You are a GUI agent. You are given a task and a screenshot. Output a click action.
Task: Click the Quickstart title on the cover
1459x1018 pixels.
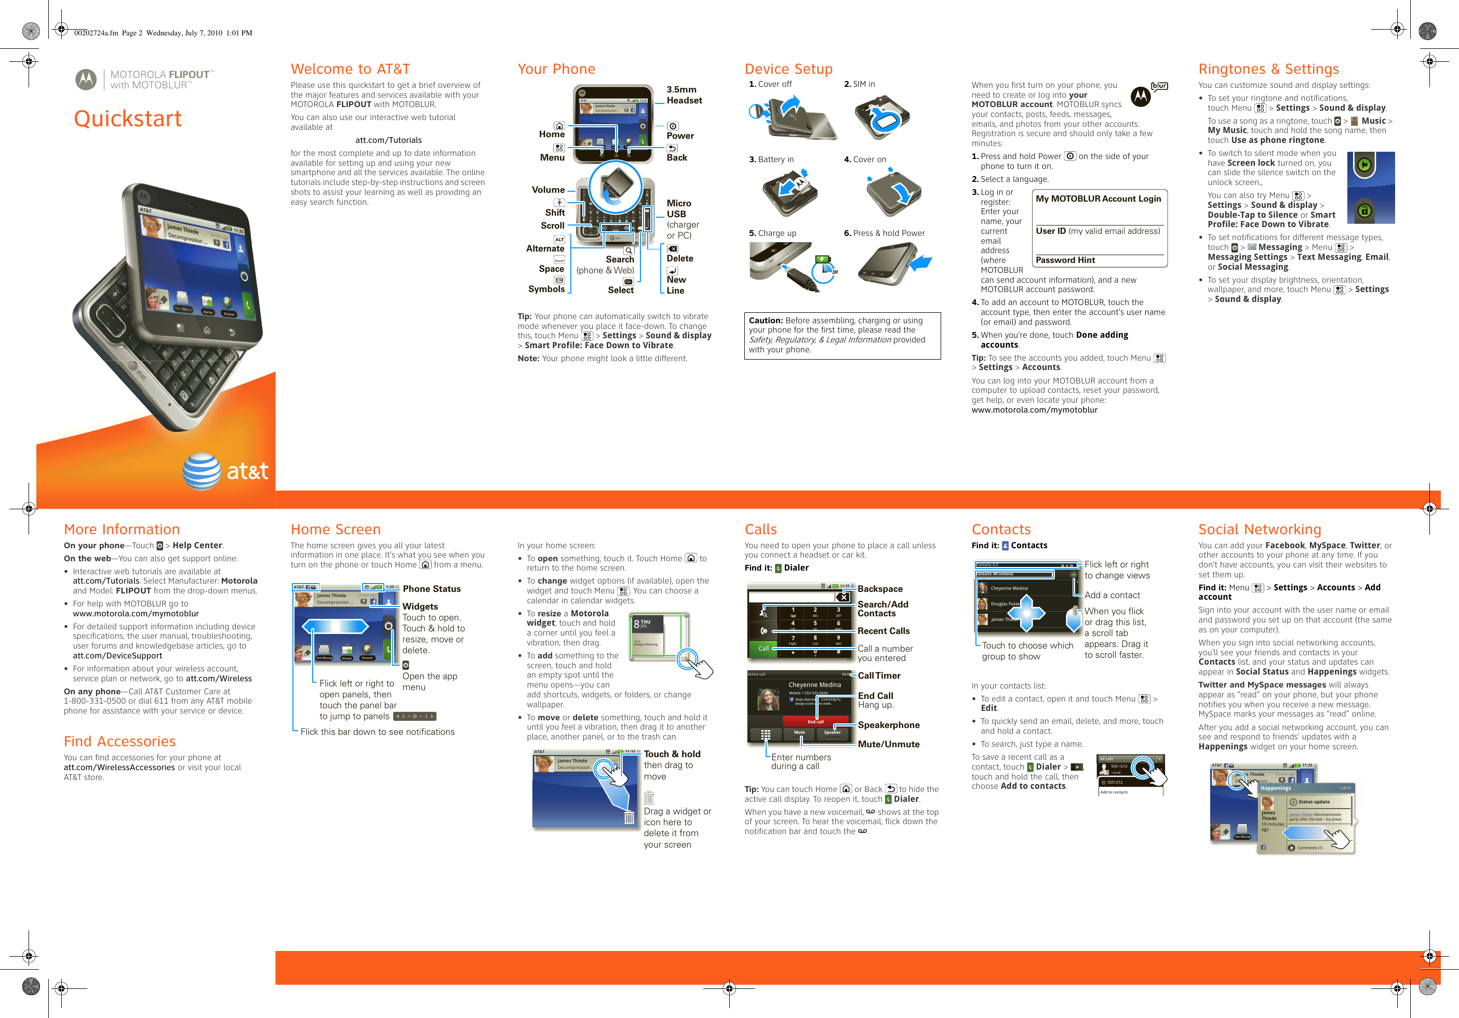128,119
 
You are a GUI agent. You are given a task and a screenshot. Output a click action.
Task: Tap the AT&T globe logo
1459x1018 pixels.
202,471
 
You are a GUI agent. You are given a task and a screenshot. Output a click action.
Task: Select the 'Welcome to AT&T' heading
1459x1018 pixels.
350,69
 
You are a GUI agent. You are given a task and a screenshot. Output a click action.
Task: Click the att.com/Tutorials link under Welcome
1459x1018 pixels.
389,140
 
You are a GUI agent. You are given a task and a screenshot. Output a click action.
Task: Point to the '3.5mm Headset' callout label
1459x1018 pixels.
684,95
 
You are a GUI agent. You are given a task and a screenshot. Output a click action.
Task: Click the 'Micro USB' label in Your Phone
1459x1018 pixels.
679,208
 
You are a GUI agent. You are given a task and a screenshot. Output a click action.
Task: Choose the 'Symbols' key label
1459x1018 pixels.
546,289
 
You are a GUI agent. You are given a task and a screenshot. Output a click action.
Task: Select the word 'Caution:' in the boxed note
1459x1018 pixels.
765,321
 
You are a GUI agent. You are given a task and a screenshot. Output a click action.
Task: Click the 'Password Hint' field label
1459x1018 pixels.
1065,260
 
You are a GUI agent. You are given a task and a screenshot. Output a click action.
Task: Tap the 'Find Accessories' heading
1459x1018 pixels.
119,742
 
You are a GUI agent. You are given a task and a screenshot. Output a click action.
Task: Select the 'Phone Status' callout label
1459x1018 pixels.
432,589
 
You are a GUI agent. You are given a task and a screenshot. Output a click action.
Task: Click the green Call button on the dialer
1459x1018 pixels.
763,649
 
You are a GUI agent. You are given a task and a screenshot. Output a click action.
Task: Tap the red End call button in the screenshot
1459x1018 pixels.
814,722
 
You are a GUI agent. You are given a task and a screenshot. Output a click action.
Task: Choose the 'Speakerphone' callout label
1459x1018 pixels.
888,725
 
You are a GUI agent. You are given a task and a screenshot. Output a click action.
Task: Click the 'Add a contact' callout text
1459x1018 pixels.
1112,595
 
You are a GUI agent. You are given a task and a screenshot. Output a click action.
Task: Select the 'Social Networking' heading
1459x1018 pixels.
1260,529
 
